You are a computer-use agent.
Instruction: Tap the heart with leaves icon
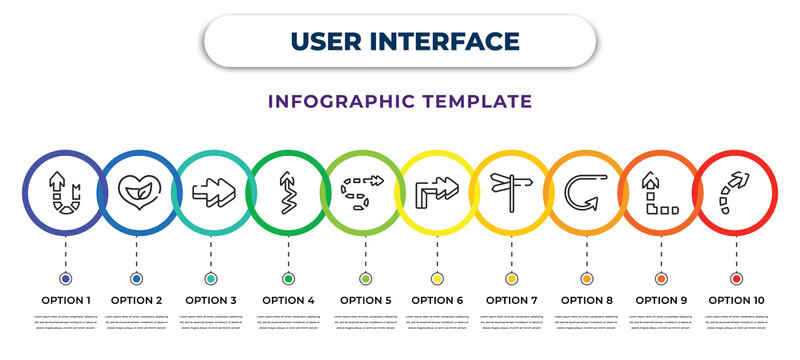[138, 189]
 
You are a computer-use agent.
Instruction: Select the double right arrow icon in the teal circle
[212, 189]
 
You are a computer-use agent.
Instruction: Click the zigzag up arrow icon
[288, 189]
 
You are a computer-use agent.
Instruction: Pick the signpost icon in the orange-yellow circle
[510, 189]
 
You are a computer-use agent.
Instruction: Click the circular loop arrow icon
[585, 189]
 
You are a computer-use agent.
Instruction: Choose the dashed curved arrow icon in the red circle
[735, 189]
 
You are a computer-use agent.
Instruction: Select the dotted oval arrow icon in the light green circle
[363, 189]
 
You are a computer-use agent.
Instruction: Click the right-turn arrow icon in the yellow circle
[437, 189]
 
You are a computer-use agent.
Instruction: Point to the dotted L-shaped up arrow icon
[660, 191]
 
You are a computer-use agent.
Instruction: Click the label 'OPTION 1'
[65, 299]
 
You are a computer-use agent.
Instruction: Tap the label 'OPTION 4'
[288, 299]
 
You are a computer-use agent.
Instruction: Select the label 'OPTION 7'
[511, 299]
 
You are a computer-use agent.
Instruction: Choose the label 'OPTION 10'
[737, 299]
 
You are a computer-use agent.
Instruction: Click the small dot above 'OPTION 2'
[136, 278]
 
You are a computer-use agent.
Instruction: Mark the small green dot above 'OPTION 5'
[365, 278]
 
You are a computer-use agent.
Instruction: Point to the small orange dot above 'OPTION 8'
[586, 278]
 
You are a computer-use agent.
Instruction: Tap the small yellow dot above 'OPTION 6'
[437, 278]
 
